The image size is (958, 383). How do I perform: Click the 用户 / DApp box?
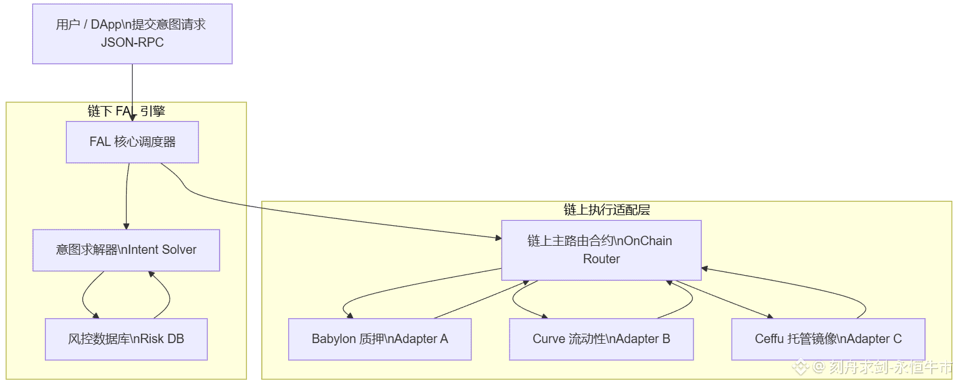(132, 34)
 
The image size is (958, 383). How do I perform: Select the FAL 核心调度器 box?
(132, 142)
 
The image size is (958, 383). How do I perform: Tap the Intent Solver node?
(126, 250)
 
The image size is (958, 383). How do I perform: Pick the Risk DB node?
(126, 339)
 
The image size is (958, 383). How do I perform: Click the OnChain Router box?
(601, 250)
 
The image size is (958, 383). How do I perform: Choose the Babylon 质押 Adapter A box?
(379, 339)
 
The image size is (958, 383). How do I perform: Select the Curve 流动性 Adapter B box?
(601, 339)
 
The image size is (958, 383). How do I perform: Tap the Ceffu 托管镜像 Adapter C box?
(828, 339)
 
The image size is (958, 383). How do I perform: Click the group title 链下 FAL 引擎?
(126, 111)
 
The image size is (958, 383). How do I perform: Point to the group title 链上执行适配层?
(606, 210)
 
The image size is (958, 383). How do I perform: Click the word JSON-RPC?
(132, 43)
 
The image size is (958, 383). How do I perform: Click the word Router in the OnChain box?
(601, 258)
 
